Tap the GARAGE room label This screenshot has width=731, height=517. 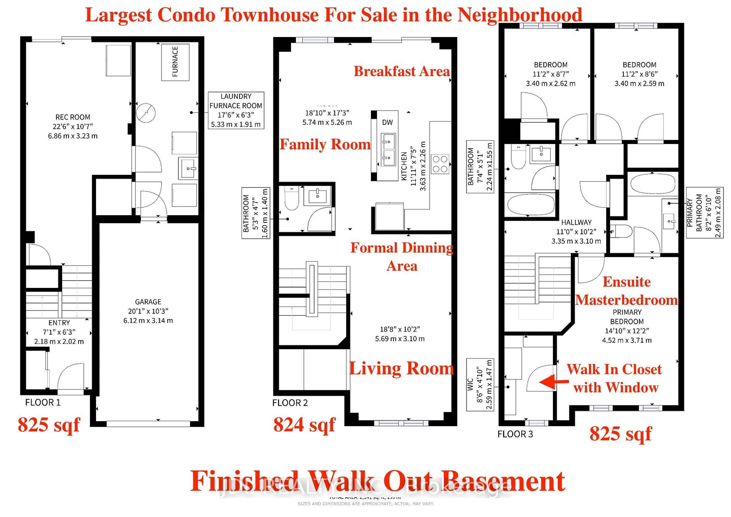tap(148, 302)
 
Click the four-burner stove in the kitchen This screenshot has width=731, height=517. tap(440, 164)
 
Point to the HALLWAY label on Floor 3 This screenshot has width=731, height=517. tap(576, 222)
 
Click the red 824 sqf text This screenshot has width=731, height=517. tap(304, 425)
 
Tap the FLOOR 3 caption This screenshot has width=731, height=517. tap(515, 434)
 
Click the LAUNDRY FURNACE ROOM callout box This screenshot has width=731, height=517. tap(236, 110)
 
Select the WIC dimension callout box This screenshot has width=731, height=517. tap(480, 385)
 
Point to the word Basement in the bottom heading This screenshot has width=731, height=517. tap(503, 481)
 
